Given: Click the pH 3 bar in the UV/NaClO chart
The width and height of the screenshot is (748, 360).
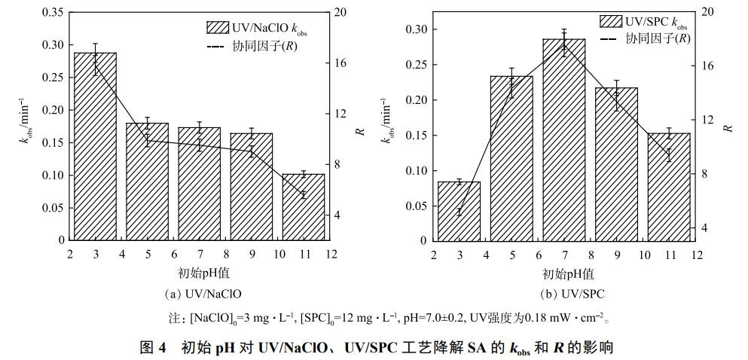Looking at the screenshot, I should pyautogui.click(x=95, y=147).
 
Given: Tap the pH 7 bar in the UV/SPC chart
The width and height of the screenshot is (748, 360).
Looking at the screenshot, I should pyautogui.click(x=563, y=140).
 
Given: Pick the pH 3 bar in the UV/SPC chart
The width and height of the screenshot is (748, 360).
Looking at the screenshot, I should pyautogui.click(x=459, y=212).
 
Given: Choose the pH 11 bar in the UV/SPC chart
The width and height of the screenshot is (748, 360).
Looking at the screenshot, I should pyautogui.click(x=669, y=188).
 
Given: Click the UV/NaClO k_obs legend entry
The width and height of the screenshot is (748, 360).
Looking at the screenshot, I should pyautogui.click(x=257, y=29).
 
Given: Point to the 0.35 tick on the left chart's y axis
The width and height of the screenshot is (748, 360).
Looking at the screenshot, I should pyautogui.click(x=53, y=13).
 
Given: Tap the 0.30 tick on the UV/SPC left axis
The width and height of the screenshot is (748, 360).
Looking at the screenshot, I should pyautogui.click(x=417, y=29).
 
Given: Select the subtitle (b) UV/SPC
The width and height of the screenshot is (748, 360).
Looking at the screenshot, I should pyautogui.click(x=564, y=294).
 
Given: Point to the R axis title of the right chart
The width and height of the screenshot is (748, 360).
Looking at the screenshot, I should pyautogui.click(x=728, y=127).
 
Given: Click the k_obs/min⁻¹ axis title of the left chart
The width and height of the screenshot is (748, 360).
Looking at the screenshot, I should pyautogui.click(x=26, y=121).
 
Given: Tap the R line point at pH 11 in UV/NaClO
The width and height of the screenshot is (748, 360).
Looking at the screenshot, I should pyautogui.click(x=304, y=195).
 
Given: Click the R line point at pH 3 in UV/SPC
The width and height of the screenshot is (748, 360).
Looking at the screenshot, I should pyautogui.click(x=459, y=212).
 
